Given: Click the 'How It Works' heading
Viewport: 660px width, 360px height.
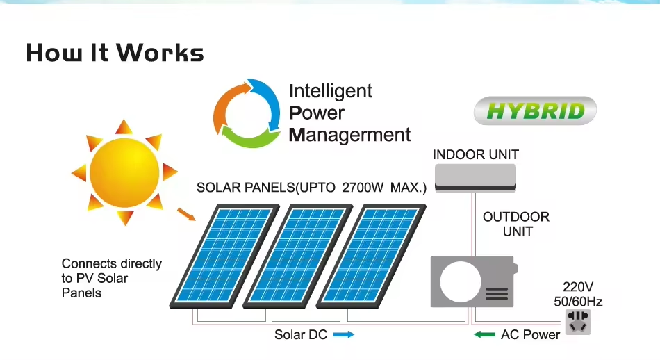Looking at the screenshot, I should click(115, 53).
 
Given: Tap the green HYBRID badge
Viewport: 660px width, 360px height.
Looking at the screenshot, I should click(535, 111).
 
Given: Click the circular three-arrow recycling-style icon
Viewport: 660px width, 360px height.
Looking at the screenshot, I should click(247, 113).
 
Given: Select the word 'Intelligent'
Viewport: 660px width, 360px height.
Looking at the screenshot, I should click(331, 91).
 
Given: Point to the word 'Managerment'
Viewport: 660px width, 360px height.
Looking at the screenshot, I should click(349, 135).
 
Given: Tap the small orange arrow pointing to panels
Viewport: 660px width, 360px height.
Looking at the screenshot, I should click(187, 213).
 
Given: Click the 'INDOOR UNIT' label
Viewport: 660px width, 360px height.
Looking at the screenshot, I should click(476, 154).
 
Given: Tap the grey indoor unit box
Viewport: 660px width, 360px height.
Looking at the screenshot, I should click(476, 177).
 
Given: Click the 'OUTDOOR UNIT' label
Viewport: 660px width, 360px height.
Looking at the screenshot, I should click(516, 224).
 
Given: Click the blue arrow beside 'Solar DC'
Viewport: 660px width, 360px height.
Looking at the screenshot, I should click(344, 334).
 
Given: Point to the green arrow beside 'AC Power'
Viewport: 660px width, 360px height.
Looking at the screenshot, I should click(484, 334).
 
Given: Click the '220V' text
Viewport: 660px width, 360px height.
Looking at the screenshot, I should click(578, 287).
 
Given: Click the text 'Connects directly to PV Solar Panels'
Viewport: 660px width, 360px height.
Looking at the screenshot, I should click(111, 278).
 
